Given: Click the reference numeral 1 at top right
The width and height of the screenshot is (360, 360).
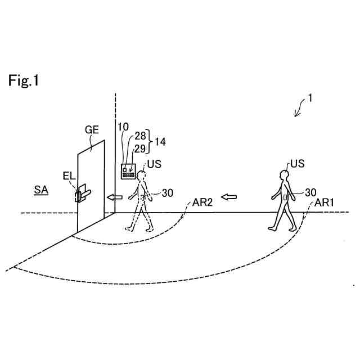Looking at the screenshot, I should [310, 98].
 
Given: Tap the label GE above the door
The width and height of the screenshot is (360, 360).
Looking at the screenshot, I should [92, 130].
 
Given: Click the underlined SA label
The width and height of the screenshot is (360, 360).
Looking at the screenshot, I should [40, 191].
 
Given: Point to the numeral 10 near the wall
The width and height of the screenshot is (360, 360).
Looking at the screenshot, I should [123, 127].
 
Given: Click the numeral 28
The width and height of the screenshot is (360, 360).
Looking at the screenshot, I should [140, 135].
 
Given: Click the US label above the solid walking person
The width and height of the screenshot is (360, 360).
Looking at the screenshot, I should [297, 164].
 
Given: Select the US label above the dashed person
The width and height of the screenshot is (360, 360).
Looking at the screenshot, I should [154, 164].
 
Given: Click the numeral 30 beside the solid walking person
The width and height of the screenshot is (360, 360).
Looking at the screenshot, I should [310, 192].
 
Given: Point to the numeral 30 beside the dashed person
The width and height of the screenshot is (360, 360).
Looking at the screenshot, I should [167, 193].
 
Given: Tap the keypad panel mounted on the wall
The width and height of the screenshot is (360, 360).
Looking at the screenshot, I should [129, 171].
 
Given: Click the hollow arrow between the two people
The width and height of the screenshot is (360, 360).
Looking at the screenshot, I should [228, 197].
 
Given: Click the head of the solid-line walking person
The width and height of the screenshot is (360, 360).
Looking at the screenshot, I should [285, 174].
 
